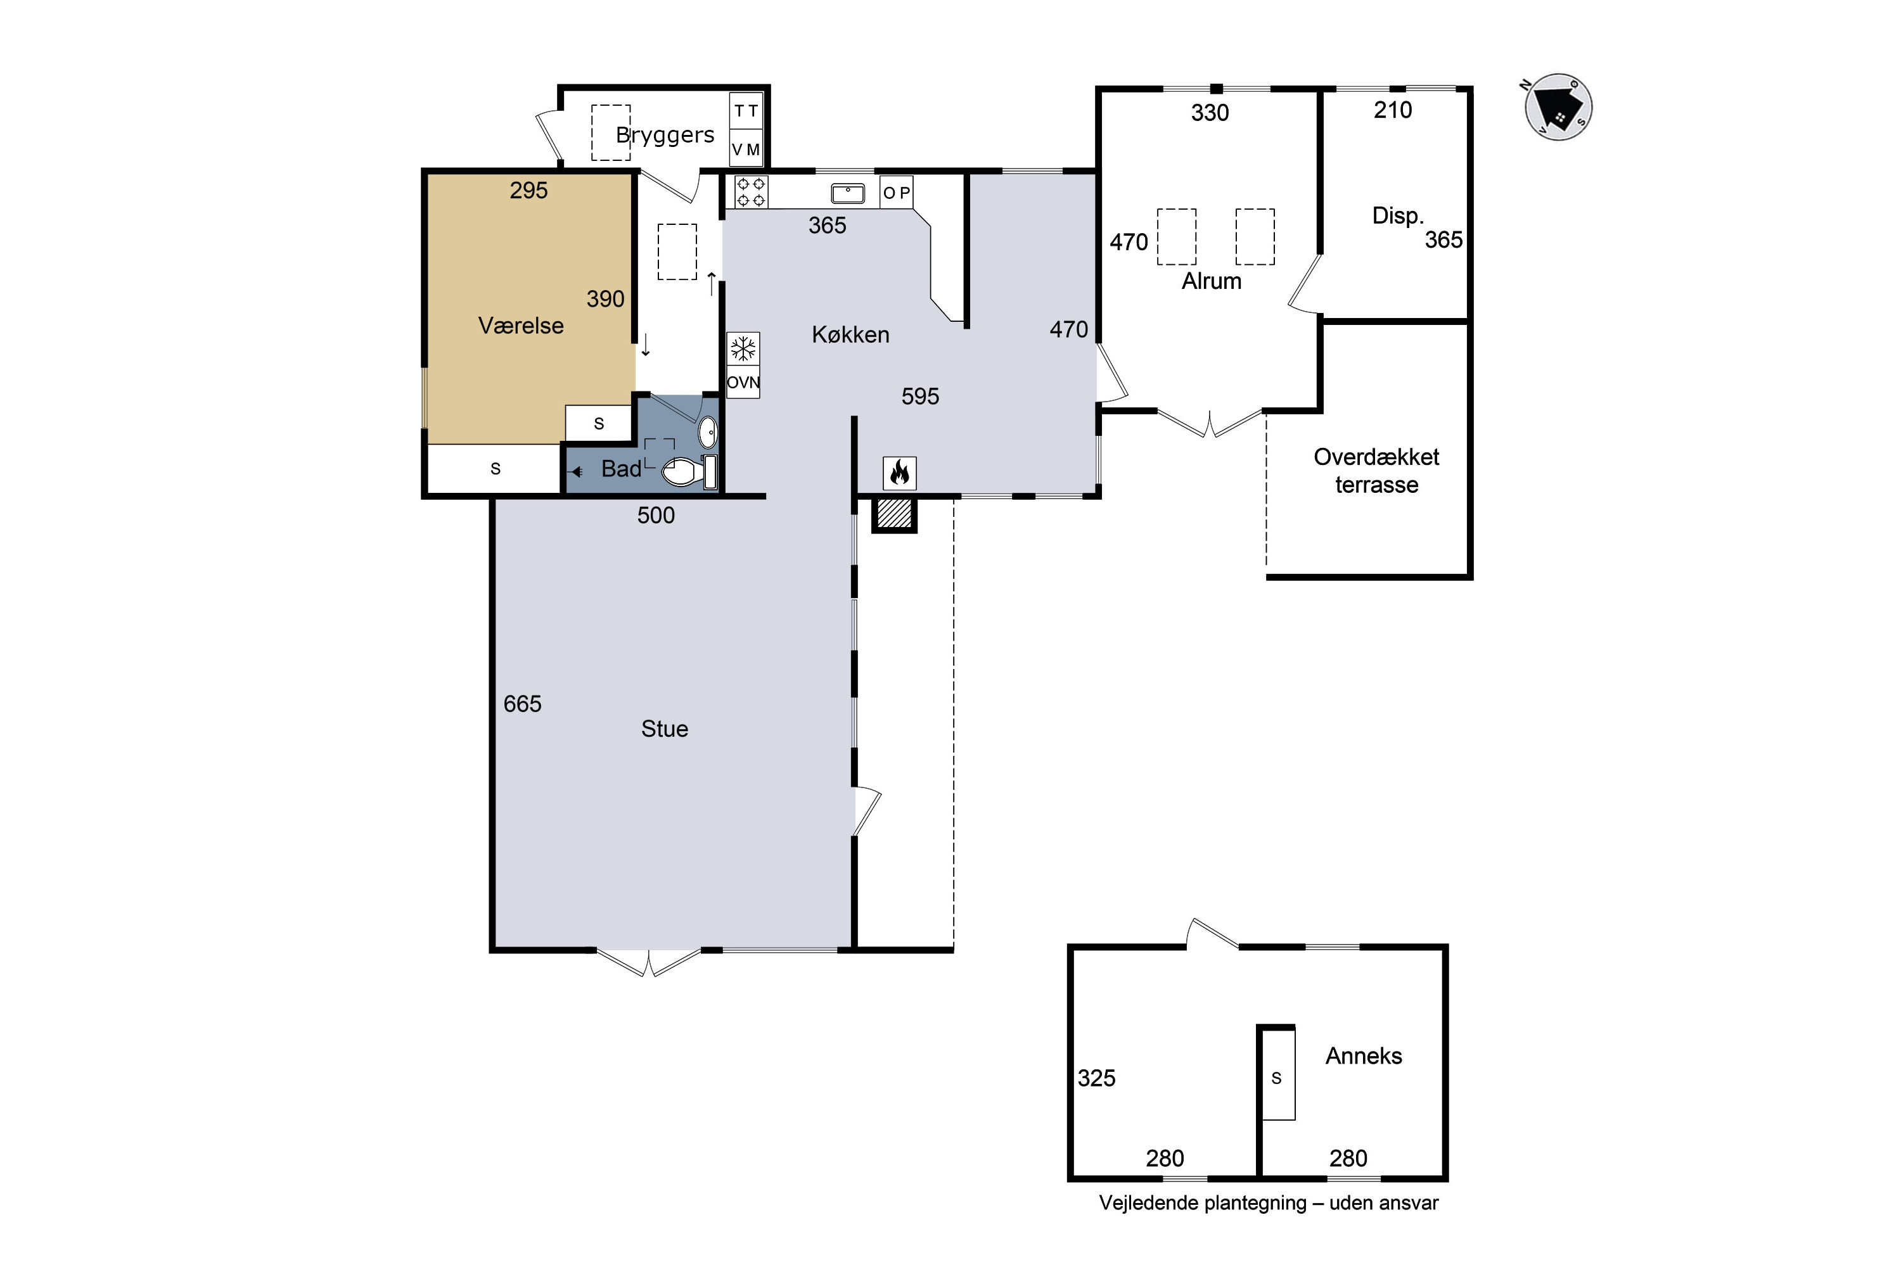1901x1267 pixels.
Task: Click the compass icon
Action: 1558,108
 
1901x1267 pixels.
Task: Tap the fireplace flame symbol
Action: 900,473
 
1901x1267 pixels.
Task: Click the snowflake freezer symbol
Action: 743,349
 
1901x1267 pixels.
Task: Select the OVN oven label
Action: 743,382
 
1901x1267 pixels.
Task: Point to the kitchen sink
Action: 848,193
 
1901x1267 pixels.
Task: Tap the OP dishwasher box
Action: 897,193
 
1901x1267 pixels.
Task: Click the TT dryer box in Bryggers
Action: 746,111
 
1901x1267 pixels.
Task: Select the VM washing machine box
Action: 746,150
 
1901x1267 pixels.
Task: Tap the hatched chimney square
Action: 894,514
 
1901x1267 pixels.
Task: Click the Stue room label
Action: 664,729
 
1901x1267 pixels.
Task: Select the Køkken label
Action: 850,334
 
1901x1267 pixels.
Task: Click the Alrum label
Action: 1211,281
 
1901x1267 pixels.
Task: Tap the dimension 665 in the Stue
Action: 522,704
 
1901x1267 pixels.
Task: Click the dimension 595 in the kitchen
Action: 920,396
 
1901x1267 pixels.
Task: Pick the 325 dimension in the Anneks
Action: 1096,1078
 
